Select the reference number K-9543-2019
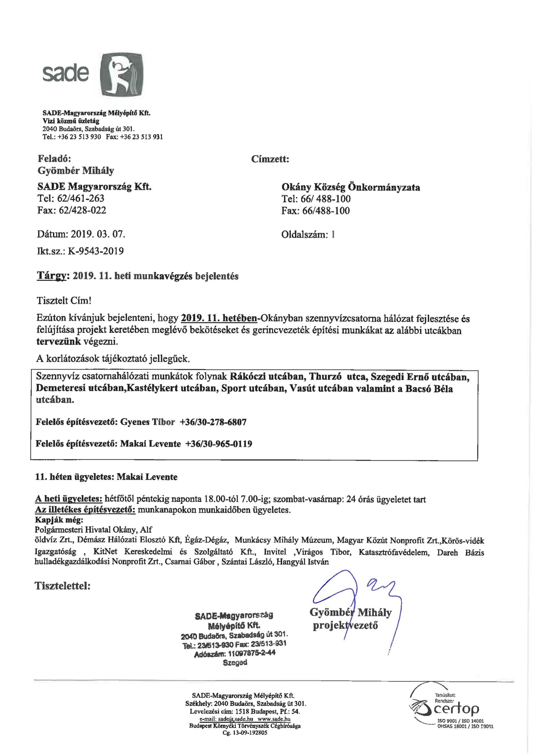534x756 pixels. coord(96,251)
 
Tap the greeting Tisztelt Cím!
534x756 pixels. coord(63,301)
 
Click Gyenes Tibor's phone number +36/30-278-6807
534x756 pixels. coord(213,422)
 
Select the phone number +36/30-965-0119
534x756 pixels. coord(219,444)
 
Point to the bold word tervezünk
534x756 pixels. coord(58,341)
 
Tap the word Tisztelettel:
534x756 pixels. coord(63,586)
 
